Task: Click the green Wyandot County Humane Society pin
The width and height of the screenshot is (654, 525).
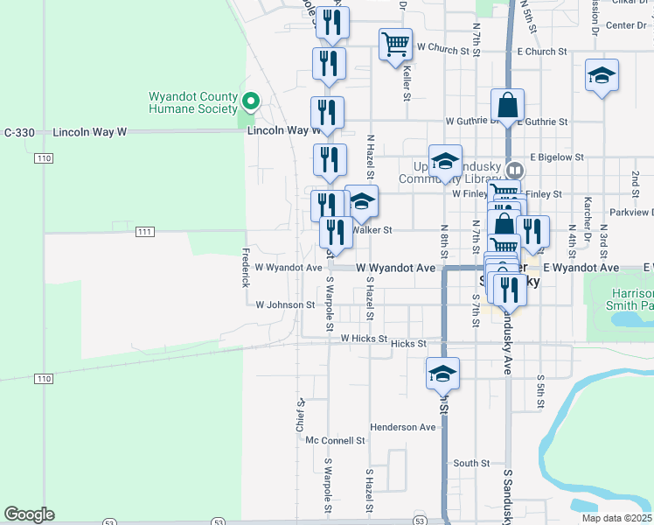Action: click(x=250, y=102)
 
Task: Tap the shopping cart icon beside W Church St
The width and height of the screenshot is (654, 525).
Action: click(x=395, y=43)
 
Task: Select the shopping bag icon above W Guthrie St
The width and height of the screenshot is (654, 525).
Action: click(x=507, y=105)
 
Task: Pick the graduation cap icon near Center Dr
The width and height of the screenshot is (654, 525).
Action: click(x=602, y=75)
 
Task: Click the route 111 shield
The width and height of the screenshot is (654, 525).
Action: click(x=145, y=231)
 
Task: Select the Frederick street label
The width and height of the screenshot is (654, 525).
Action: click(x=246, y=267)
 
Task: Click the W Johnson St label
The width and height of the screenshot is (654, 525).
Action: click(x=285, y=304)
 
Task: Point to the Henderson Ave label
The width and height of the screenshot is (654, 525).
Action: click(x=402, y=427)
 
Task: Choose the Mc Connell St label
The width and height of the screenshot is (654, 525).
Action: click(x=335, y=440)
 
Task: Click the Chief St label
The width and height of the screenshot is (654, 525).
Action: click(x=300, y=416)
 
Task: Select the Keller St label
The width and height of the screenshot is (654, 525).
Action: click(x=407, y=84)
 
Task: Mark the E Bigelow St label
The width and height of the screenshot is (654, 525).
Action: click(x=556, y=157)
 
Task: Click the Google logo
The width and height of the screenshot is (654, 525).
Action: click(x=29, y=514)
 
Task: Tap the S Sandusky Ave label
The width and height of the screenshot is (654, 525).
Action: click(x=507, y=493)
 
